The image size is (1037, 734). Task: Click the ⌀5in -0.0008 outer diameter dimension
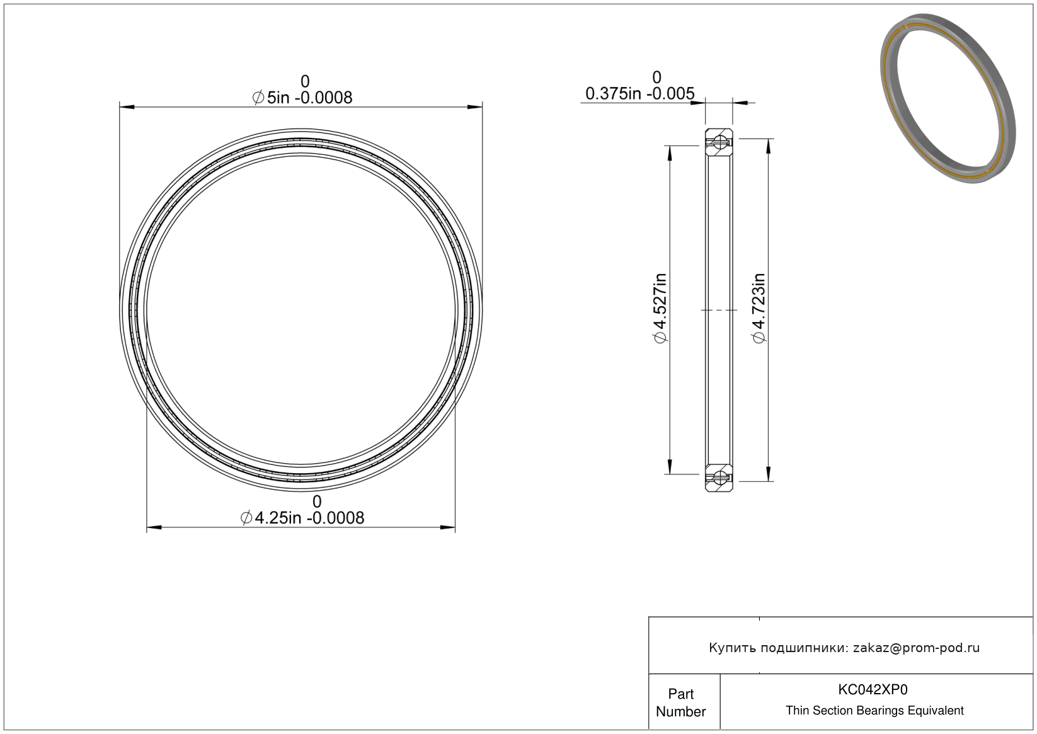[x=302, y=97]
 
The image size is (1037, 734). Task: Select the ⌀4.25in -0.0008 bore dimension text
[x=302, y=518]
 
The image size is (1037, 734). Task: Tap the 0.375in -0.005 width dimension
[x=640, y=93]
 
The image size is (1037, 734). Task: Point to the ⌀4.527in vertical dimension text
[x=660, y=309]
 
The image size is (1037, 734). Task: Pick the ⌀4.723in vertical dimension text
[x=759, y=309]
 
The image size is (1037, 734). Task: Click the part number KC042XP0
[x=873, y=689]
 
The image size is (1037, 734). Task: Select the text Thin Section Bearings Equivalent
[x=874, y=710]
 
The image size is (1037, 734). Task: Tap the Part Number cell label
[x=680, y=702]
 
